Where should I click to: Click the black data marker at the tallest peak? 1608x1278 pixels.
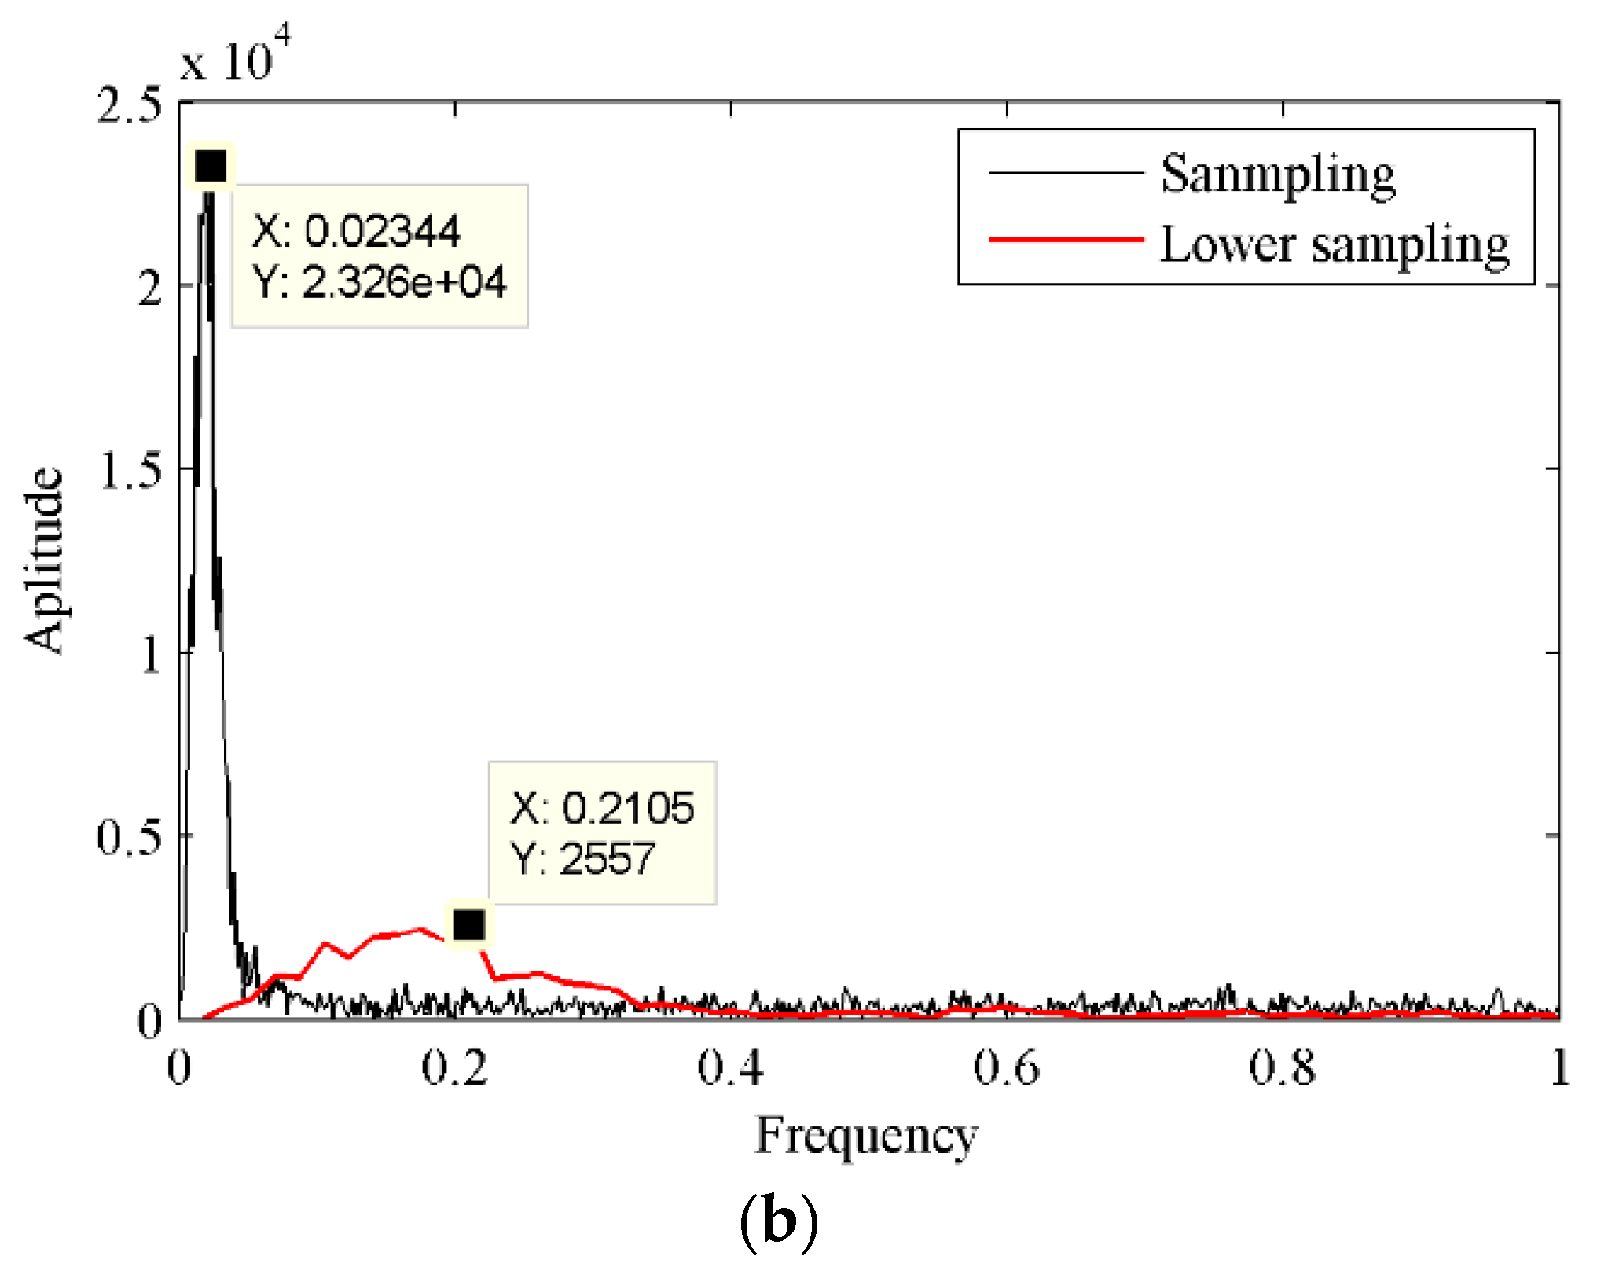pyautogui.click(x=211, y=166)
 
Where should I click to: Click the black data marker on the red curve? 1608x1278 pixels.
pyautogui.click(x=469, y=925)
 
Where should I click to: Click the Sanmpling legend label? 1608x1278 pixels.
pyautogui.click(x=1277, y=174)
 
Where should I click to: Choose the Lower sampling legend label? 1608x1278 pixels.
pyautogui.click(x=1334, y=244)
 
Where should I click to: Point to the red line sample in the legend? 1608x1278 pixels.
pyautogui.click(x=1065, y=239)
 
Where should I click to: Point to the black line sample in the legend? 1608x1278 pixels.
pyautogui.click(x=1065, y=171)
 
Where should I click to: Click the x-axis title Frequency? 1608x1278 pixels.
pyautogui.click(x=866, y=1137)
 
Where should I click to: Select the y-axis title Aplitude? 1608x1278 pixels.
pyautogui.click(x=44, y=560)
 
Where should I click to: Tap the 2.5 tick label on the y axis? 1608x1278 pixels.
pyautogui.click(x=129, y=105)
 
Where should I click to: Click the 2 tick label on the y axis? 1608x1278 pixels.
pyautogui.click(x=149, y=288)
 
